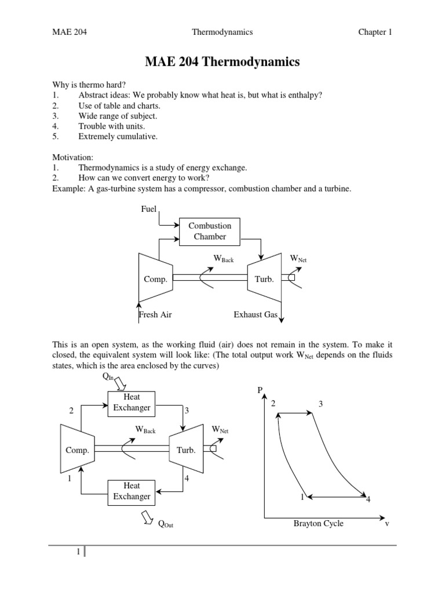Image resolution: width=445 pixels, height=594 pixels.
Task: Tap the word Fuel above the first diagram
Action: [149, 209]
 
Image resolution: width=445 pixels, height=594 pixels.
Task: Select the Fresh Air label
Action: [155, 315]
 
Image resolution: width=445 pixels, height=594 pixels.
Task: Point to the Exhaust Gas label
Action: [256, 315]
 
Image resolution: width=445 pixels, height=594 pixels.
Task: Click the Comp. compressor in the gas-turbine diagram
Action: [155, 279]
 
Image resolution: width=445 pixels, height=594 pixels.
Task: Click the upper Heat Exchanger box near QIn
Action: [132, 403]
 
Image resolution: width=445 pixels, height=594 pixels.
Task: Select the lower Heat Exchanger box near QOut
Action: [132, 491]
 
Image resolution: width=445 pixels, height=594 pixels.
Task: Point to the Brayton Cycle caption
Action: [318, 523]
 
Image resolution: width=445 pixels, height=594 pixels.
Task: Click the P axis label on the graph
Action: [260, 390]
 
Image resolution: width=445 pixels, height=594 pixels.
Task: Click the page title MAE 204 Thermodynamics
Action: [222, 61]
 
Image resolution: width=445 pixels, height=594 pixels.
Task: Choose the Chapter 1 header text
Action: [375, 32]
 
